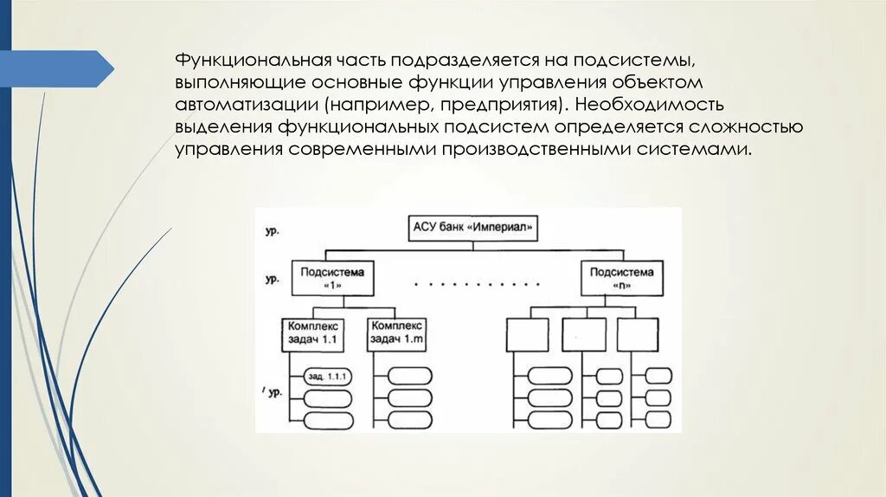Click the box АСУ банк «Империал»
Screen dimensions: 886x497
coord(472,229)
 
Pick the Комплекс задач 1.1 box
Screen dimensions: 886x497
coord(313,333)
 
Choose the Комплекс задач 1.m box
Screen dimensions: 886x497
coord(396,333)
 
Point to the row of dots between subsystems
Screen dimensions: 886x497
coord(477,284)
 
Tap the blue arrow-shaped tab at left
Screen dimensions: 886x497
coord(56,68)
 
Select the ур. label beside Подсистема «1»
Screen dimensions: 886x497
coord(272,280)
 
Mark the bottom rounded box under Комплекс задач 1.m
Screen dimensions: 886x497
coord(410,419)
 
